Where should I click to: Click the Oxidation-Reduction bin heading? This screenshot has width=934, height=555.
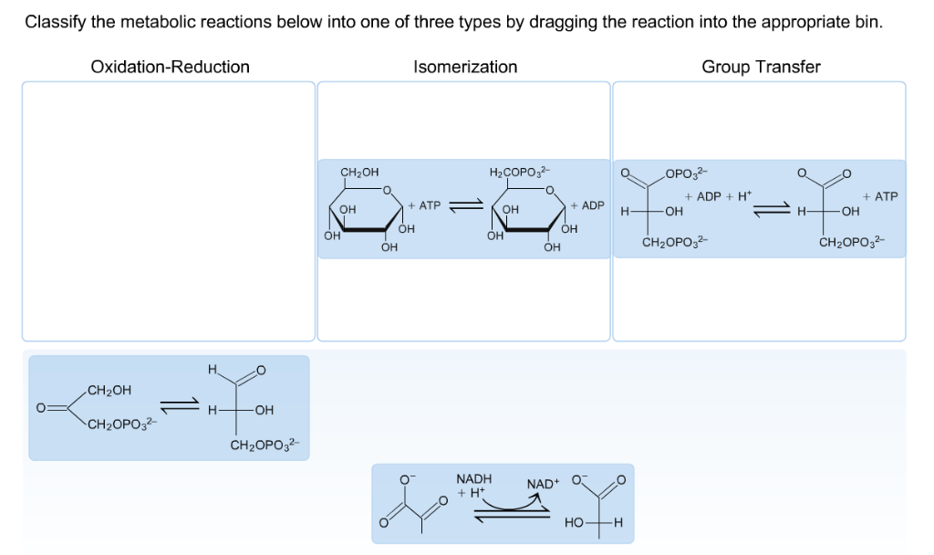click(170, 67)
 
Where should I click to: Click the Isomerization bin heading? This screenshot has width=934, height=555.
click(464, 67)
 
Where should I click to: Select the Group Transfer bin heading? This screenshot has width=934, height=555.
click(761, 67)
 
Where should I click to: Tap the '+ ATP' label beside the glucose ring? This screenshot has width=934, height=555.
click(424, 205)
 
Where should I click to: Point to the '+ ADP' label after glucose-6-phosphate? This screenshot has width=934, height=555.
click(587, 205)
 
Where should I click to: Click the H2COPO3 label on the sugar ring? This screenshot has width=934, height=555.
click(519, 172)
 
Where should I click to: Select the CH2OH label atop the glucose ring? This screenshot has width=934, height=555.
click(359, 172)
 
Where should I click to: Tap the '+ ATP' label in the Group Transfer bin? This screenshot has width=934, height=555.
click(880, 196)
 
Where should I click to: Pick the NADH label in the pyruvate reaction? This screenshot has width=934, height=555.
click(473, 478)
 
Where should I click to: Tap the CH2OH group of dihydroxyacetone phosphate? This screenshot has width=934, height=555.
click(109, 391)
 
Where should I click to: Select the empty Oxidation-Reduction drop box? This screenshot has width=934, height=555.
click(169, 211)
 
